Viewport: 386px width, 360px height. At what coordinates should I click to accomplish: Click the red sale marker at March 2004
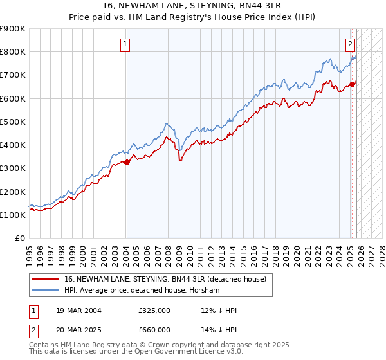127,163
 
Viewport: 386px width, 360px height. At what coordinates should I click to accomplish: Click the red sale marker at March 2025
352,84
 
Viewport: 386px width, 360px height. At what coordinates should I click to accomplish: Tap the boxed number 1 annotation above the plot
125,44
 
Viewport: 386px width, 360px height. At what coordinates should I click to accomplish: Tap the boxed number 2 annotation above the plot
350,44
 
